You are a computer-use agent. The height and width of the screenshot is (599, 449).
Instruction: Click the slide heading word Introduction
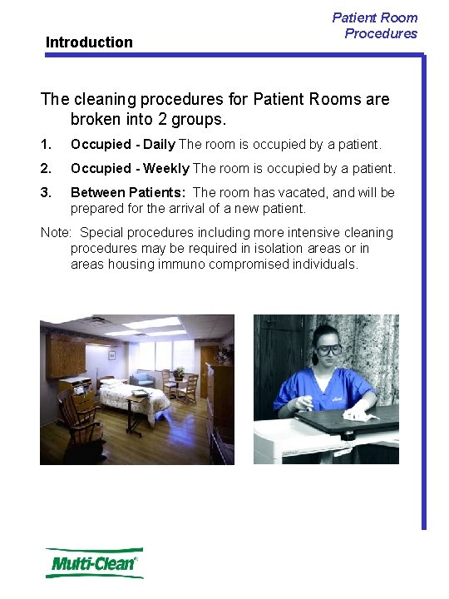89,42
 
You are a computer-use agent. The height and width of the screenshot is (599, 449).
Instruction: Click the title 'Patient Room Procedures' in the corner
376,25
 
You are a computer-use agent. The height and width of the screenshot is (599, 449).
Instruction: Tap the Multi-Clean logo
94,563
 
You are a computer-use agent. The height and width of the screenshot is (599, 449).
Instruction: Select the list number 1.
46,145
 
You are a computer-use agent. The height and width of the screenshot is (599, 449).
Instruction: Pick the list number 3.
46,193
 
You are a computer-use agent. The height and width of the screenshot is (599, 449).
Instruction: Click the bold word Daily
159,145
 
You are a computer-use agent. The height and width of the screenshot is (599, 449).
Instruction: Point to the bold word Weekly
165,169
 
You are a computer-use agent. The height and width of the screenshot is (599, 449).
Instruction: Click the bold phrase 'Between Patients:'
128,193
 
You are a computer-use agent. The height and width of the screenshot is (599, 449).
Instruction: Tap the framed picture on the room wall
111,354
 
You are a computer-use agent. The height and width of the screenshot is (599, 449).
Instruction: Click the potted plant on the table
178,372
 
